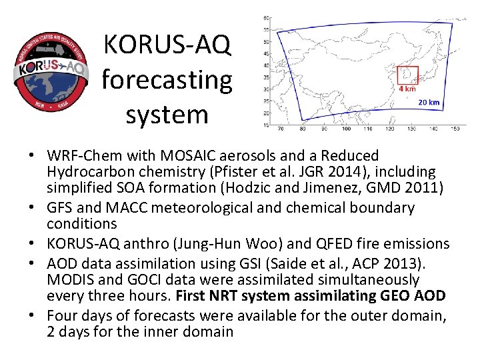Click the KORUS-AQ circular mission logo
(x=51, y=69)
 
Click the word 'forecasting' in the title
(x=167, y=81)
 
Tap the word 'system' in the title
(x=167, y=114)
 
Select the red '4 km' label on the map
(x=407, y=89)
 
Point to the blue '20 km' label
(x=429, y=103)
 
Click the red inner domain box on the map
(x=407, y=75)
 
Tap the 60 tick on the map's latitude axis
(x=267, y=17)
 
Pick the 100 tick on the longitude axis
(x=346, y=129)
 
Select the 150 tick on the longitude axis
(x=455, y=129)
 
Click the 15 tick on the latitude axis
(x=267, y=125)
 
